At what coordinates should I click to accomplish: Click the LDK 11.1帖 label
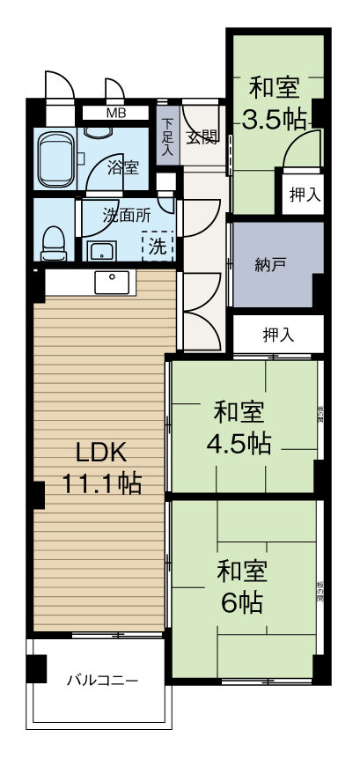click(101, 468)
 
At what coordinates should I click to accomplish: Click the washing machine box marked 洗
click(157, 246)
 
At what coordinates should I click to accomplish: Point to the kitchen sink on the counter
click(114, 281)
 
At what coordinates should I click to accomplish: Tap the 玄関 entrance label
click(202, 136)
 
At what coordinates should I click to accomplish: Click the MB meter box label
click(115, 113)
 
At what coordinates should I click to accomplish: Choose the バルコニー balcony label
click(102, 681)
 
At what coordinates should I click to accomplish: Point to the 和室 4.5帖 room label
click(239, 428)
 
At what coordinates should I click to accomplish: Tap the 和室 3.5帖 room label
click(274, 104)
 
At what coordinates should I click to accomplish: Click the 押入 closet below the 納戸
click(277, 335)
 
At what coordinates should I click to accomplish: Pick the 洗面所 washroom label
click(126, 214)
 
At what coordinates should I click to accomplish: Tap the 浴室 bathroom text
click(123, 166)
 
